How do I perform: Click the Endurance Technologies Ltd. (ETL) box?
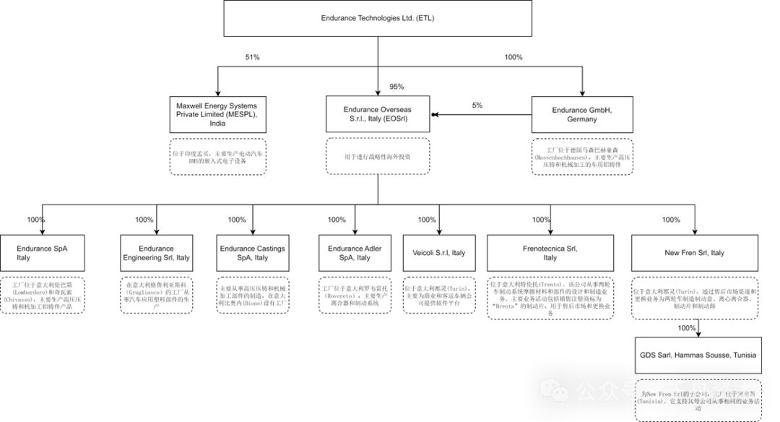coord(378,18)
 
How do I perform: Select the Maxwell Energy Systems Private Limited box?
coord(217,114)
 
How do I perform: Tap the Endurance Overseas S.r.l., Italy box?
coord(377,114)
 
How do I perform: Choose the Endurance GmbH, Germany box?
coord(581,114)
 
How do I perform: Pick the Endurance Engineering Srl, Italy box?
coord(157,253)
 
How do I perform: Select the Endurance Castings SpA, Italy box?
coord(252,253)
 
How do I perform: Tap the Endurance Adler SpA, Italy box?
coord(355,253)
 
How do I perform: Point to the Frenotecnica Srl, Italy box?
coord(550,253)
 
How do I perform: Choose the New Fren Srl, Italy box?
coord(695,253)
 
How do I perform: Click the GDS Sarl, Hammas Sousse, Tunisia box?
coord(698,355)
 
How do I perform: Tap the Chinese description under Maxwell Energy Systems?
coord(217,157)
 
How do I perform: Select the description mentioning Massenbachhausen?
coord(582,157)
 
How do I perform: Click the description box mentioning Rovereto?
coord(355,296)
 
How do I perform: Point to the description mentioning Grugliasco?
coord(157,296)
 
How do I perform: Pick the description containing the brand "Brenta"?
coord(550,297)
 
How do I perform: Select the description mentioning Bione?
coord(252,296)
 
